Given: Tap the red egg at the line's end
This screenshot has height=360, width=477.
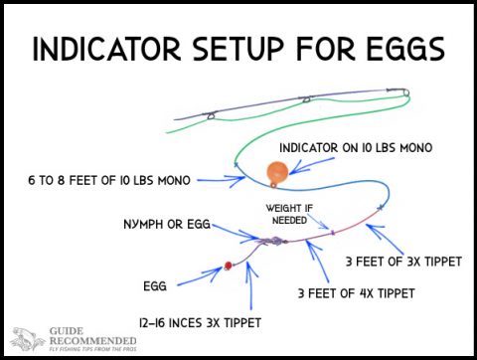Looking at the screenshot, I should coord(228,264).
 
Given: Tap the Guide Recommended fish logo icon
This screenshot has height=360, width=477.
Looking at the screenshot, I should coord(26,339).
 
